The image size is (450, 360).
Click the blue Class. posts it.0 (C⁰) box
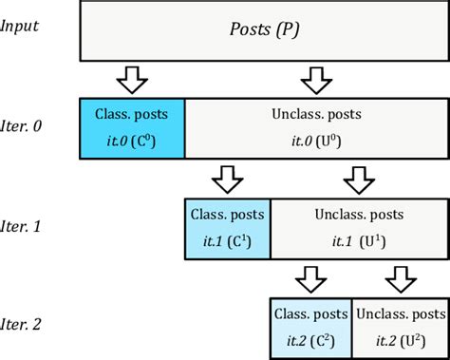pos(132,126)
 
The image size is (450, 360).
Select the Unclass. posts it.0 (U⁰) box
pos(314,126)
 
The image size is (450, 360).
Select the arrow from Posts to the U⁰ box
pos(315,77)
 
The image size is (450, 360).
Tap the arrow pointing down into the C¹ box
pos(226,177)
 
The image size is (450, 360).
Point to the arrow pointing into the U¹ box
pos(359,177)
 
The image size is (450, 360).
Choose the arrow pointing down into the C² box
pos(309,277)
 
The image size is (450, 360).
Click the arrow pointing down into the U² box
pos(399,277)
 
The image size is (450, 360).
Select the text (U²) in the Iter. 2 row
pos(415,341)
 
